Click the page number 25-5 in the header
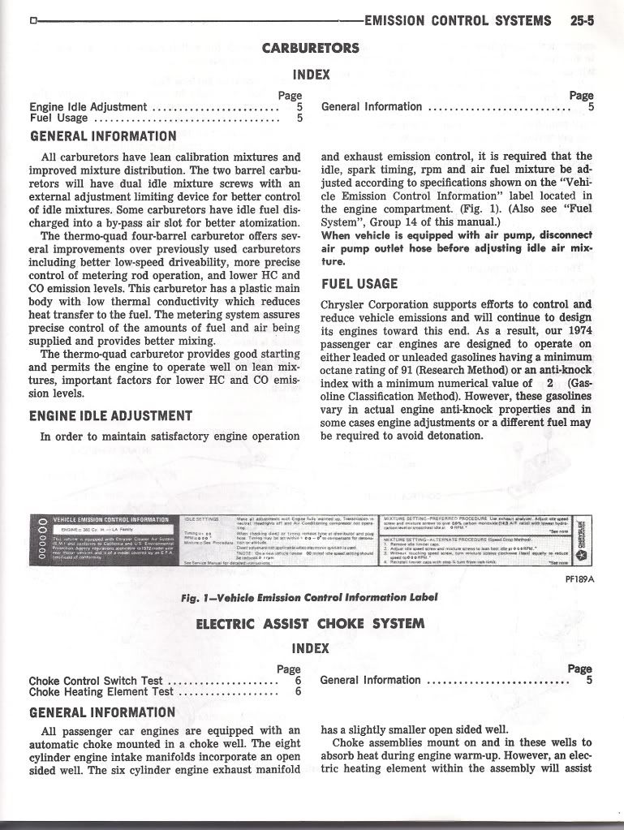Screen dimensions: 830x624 coord(582,21)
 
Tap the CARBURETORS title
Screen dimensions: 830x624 coord(310,48)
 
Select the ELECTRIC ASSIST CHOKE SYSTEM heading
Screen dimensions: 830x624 coord(310,623)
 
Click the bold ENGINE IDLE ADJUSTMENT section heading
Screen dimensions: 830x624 coord(110,416)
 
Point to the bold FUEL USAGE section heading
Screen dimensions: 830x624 coord(359,284)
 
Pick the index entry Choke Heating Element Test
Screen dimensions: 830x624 coord(101,692)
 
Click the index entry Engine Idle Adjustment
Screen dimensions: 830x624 coord(88,106)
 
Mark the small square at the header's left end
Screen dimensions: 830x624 coord(32,21)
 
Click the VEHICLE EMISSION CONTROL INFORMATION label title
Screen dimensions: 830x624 coord(110,519)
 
